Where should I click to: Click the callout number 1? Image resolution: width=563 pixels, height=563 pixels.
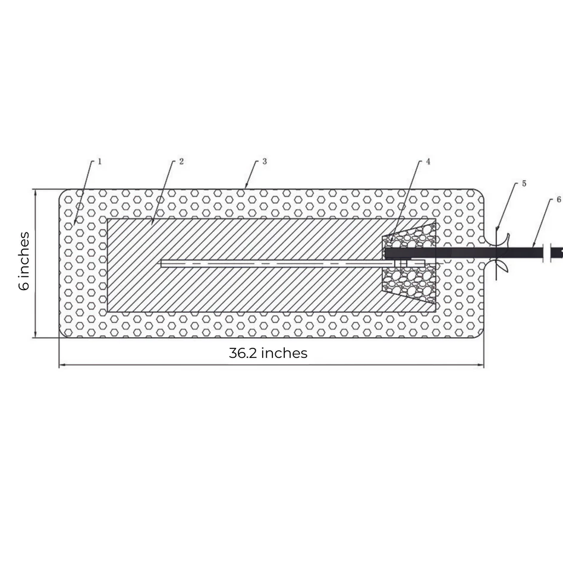[x=100, y=161]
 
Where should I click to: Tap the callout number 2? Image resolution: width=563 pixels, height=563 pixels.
[x=180, y=161]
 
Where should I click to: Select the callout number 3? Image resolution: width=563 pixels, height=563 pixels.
[x=263, y=161]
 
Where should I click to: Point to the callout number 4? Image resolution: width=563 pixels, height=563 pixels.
[x=427, y=161]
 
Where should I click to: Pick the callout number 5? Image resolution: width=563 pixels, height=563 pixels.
[x=524, y=183]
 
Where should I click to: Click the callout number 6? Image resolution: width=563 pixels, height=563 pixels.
[x=559, y=200]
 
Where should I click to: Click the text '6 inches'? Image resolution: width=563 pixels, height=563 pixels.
[x=24, y=261]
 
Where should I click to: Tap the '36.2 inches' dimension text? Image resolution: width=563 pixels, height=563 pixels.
[x=268, y=353]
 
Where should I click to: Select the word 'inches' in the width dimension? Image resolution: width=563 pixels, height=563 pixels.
[x=284, y=353]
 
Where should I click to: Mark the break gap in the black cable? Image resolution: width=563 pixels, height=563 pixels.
[x=552, y=253]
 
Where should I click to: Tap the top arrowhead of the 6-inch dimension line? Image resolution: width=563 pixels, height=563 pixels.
[x=36, y=192]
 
